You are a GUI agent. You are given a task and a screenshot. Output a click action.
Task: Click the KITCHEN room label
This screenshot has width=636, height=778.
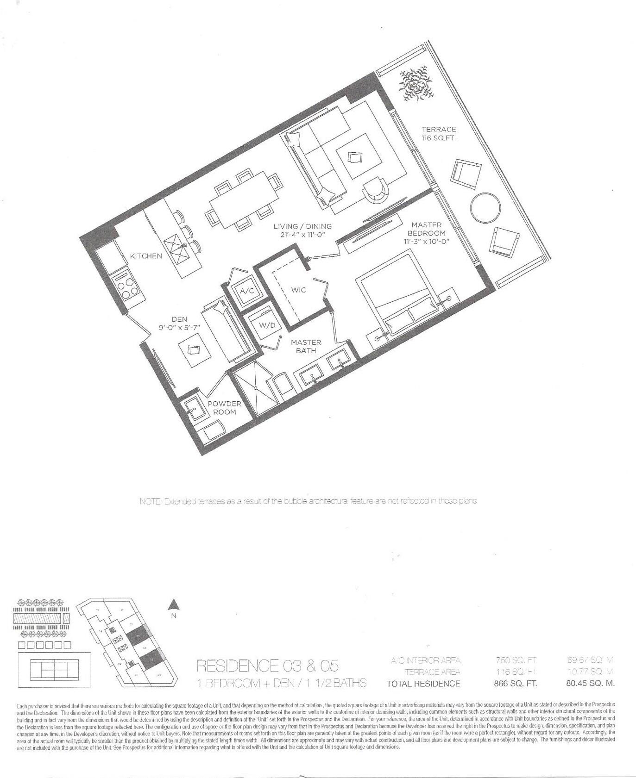point(146,256)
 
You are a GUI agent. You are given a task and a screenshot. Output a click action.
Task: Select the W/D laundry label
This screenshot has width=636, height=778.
point(267,325)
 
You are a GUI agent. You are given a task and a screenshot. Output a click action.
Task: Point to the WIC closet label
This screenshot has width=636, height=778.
point(298,290)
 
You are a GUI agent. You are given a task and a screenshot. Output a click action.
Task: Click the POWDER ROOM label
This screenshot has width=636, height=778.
point(224,408)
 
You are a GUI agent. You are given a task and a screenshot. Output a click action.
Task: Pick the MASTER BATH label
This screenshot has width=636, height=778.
point(306,346)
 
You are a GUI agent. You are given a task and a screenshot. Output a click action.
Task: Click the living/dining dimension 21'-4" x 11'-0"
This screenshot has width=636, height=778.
point(302,235)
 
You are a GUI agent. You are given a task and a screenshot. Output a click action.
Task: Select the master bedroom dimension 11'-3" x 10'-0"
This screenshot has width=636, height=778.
point(426,242)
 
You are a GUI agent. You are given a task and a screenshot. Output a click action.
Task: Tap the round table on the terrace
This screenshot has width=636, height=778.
point(485,207)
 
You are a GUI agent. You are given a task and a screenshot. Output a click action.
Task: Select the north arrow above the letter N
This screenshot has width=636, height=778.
point(174,604)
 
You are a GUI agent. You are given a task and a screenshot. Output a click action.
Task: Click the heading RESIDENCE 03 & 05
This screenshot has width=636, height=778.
point(267,666)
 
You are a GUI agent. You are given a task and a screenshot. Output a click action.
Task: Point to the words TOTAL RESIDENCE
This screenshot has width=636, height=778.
point(423,684)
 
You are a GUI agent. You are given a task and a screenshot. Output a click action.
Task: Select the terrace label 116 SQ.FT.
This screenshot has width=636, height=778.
point(439,138)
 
